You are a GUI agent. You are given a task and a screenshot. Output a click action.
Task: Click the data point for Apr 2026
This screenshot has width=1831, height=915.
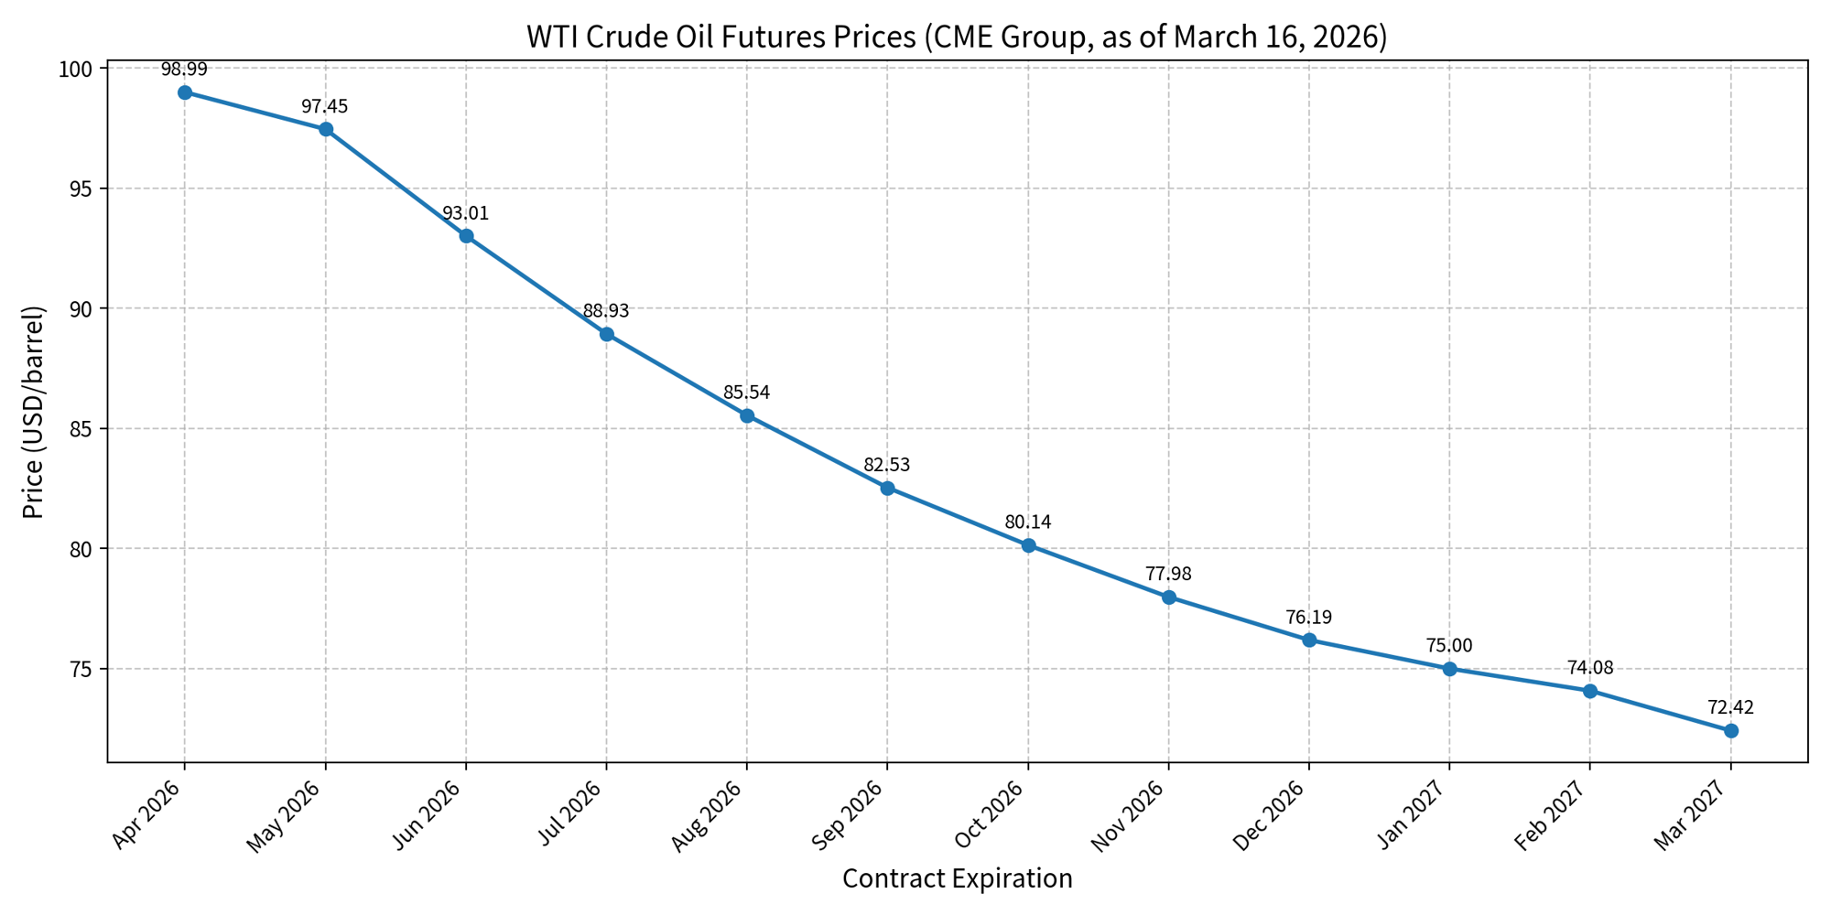[185, 92]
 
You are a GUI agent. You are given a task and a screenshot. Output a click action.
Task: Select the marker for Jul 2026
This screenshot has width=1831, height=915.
[606, 334]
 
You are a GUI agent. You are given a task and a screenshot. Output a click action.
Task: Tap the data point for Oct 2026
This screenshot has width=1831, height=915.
[1028, 545]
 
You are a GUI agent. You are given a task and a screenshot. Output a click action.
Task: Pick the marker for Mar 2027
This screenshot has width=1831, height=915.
[1730, 730]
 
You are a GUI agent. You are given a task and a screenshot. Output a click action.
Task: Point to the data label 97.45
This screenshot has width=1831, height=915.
[325, 107]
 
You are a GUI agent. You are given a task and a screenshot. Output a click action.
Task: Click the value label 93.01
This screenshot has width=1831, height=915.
[466, 214]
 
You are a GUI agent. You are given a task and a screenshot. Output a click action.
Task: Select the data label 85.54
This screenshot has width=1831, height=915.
[747, 393]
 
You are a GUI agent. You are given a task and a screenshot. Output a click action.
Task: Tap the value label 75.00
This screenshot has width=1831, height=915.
[1449, 646]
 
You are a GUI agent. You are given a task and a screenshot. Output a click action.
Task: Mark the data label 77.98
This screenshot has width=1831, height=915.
[1168, 575]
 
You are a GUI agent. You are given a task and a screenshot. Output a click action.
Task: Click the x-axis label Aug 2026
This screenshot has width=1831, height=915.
[710, 814]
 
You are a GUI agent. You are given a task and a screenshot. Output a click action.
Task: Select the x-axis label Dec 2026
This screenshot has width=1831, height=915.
[1273, 814]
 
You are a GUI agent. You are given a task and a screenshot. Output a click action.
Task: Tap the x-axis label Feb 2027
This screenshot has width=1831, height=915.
[1554, 814]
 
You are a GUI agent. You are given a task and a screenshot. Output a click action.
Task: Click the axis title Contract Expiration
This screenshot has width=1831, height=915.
[957, 879]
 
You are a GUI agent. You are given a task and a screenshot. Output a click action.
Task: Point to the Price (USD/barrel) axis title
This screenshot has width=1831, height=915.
[34, 412]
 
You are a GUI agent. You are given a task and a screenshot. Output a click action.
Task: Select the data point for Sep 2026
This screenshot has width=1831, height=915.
[887, 488]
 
